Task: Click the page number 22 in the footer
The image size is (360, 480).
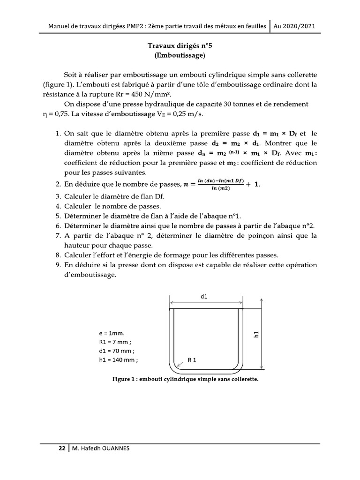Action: click(x=61, y=448)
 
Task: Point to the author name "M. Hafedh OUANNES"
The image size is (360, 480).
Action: click(x=100, y=448)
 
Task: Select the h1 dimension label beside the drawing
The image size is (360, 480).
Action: click(x=256, y=334)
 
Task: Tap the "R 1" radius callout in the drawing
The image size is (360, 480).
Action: click(x=192, y=360)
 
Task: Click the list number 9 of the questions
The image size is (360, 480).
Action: click(x=57, y=265)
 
